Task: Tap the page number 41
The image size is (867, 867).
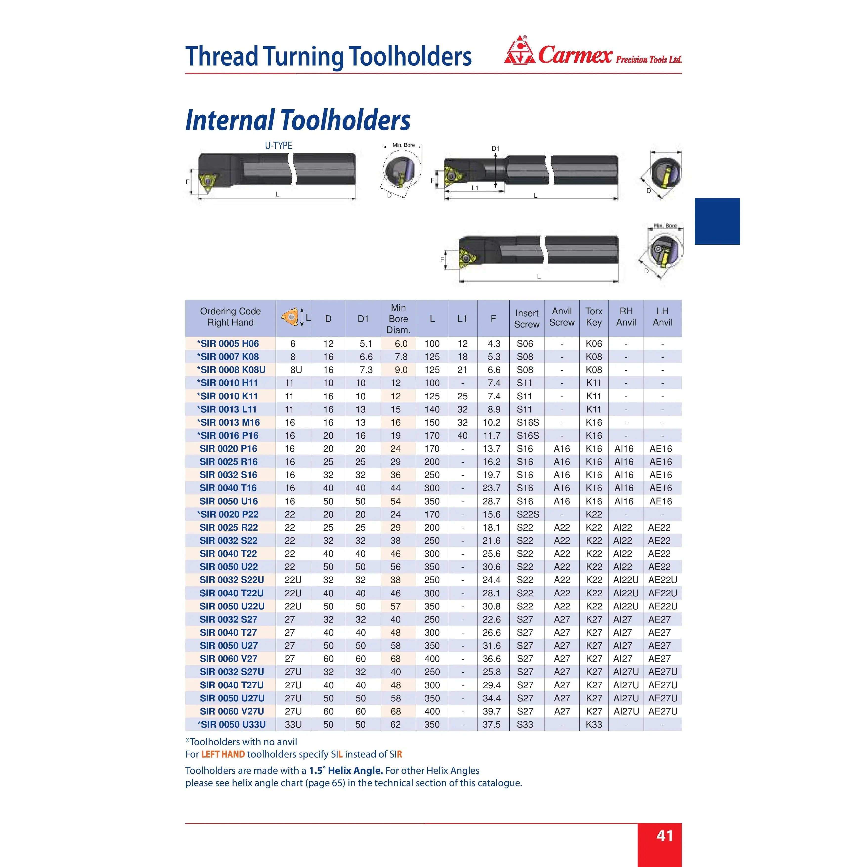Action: tap(665, 836)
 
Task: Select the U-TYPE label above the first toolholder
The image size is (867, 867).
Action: tap(278, 145)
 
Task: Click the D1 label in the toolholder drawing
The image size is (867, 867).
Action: tap(496, 149)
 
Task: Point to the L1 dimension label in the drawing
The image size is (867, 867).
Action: tap(475, 188)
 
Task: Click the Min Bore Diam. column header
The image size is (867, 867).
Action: tap(398, 319)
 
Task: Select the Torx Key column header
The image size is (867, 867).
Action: tap(594, 317)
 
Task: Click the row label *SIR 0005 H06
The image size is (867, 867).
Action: tap(228, 344)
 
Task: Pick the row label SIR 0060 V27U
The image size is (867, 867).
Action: tap(232, 711)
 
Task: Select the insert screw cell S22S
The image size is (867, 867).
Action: tap(528, 514)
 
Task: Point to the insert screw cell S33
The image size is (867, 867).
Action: tap(525, 724)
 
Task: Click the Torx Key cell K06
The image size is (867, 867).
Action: tap(594, 344)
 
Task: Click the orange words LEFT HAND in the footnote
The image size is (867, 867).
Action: tap(223, 754)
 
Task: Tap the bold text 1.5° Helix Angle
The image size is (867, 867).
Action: tap(346, 771)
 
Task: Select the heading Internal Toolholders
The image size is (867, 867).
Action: tap(298, 120)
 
